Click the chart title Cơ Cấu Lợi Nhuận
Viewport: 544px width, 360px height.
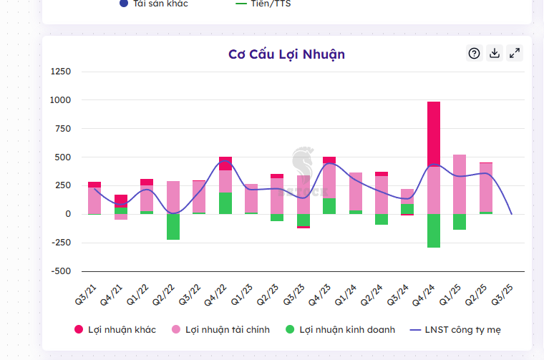click(286, 54)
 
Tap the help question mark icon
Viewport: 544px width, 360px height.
click(474, 53)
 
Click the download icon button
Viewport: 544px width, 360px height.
click(494, 53)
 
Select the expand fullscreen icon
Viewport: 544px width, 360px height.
click(515, 53)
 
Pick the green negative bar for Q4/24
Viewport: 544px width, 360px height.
click(434, 230)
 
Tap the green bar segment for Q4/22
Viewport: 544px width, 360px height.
click(225, 203)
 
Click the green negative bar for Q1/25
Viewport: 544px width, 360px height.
click(460, 222)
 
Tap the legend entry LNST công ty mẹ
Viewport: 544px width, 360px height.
click(459, 330)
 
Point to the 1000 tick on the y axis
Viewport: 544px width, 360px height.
click(60, 100)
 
